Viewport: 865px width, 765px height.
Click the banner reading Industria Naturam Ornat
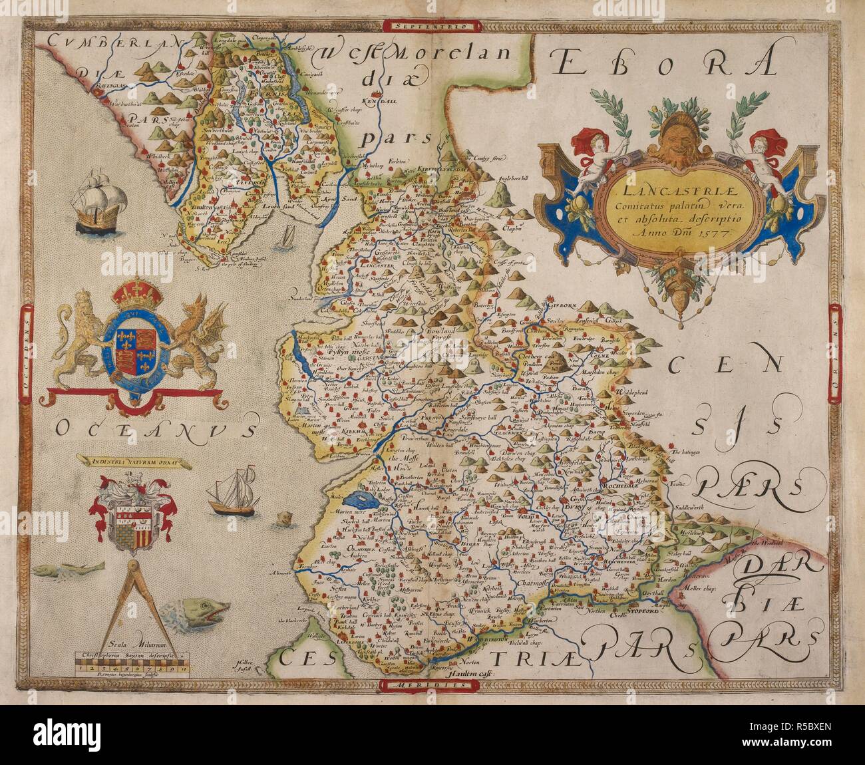coord(129,458)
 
